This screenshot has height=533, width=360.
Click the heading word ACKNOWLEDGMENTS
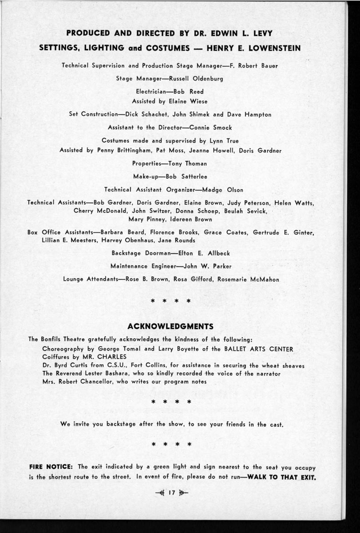(x=170, y=326)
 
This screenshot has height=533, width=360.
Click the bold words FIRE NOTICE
(x=51, y=467)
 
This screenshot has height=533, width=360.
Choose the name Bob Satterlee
(x=186, y=177)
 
